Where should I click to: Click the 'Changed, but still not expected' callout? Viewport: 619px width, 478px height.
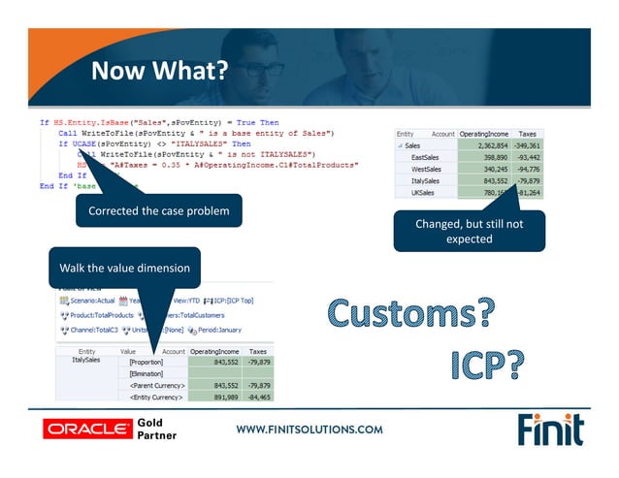(469, 231)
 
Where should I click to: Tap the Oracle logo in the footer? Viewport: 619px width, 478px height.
(85, 428)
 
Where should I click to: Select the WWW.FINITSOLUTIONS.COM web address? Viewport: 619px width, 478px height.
(309, 429)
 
